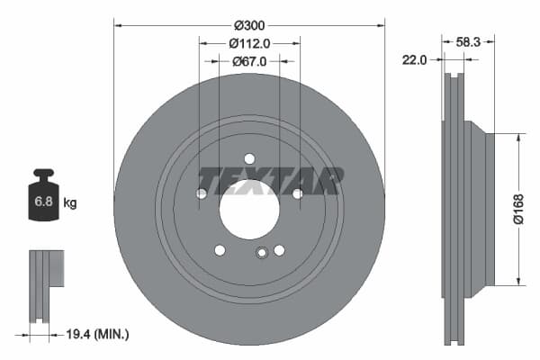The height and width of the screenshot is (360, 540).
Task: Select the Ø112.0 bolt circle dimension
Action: click(249, 43)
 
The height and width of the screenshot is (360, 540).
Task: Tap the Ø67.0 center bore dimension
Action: click(249, 61)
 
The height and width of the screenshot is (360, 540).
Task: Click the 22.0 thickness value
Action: click(415, 59)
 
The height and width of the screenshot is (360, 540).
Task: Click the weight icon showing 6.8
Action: click(43, 199)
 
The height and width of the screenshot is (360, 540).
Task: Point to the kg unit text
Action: click(70, 203)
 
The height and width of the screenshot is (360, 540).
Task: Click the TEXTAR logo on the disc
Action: click(270, 180)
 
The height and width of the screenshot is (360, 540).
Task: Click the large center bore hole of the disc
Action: click(249, 210)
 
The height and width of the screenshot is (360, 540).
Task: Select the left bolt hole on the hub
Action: click(202, 193)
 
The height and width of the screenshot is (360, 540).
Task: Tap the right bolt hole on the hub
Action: click(297, 193)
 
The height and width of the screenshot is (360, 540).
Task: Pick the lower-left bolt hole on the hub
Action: click(220, 250)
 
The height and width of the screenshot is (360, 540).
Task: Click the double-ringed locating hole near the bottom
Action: click(261, 253)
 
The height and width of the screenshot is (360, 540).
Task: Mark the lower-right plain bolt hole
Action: click(279, 250)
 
